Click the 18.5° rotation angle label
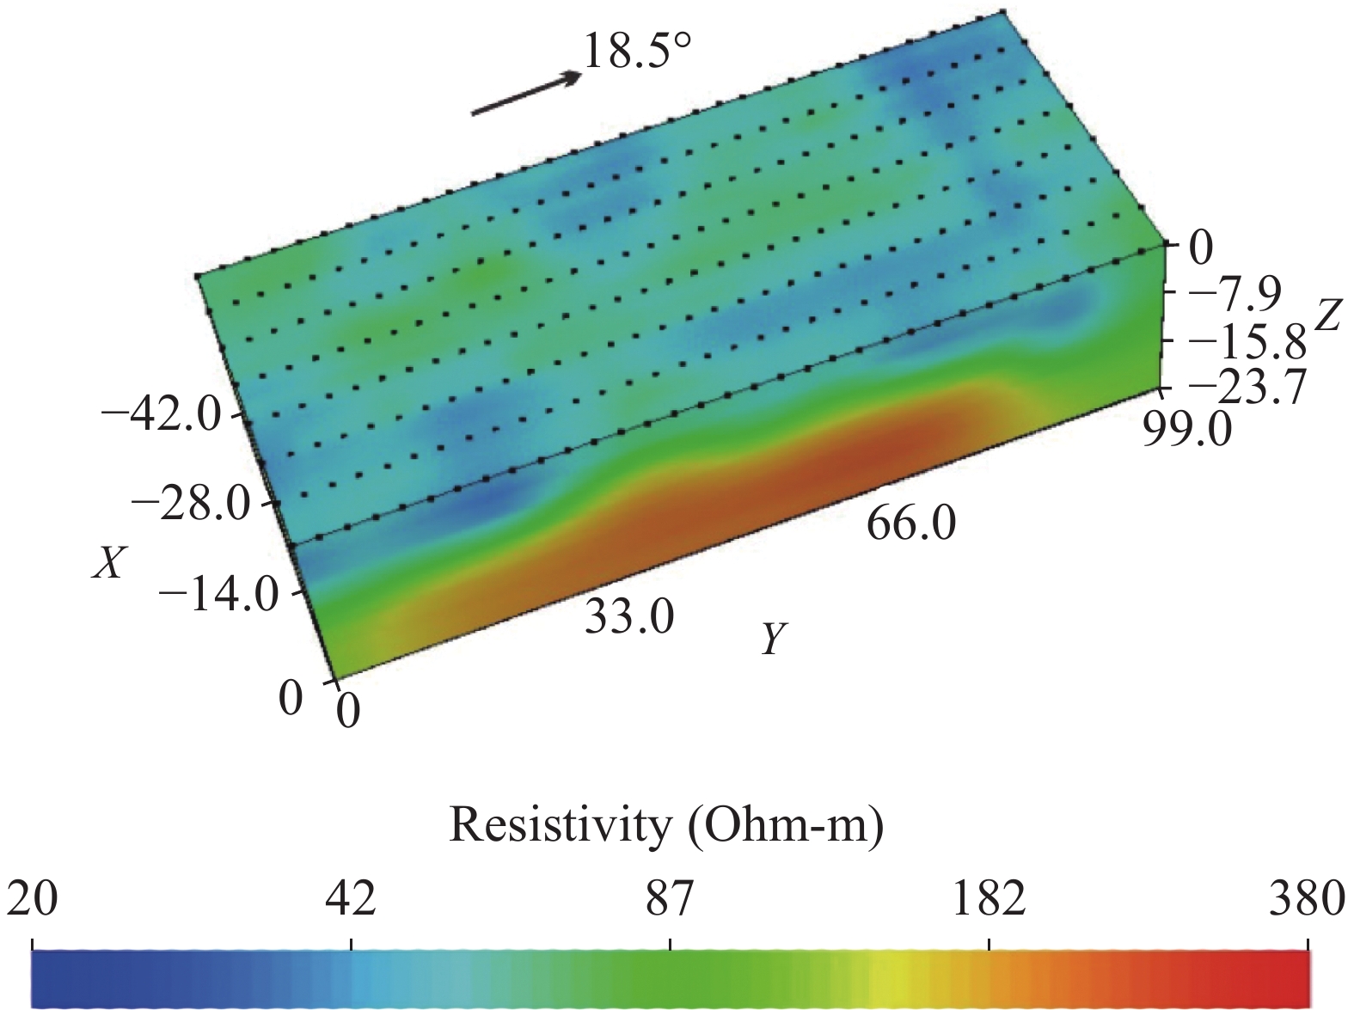click(637, 52)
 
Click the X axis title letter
click(108, 564)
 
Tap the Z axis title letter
click(1327, 316)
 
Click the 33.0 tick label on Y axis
click(629, 616)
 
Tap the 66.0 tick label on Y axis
click(910, 523)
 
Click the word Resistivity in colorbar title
click(559, 826)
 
